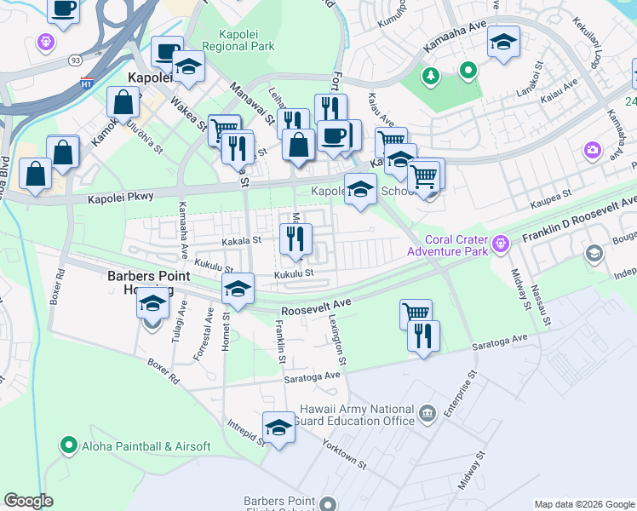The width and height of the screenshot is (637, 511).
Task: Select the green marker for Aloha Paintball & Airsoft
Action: pyautogui.click(x=68, y=445)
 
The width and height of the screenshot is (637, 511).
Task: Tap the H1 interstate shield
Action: pyautogui.click(x=87, y=83)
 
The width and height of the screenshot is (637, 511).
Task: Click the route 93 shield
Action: pyautogui.click(x=76, y=60)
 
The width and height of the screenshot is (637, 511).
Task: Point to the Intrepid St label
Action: pyautogui.click(x=247, y=432)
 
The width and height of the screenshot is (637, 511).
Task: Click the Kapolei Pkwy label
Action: pyautogui.click(x=121, y=197)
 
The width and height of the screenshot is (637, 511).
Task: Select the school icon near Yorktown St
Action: pyautogui.click(x=278, y=428)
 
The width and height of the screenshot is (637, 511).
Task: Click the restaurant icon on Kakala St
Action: pyautogui.click(x=296, y=238)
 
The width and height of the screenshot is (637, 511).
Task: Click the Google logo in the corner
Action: pyautogui.click(x=28, y=501)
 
